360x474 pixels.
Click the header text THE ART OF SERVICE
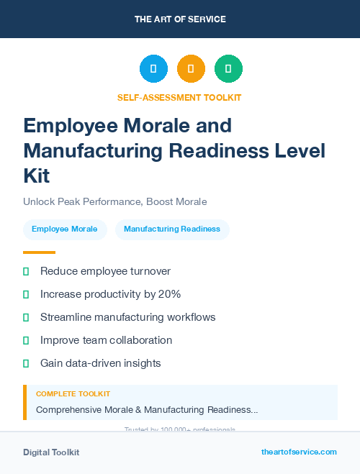pyautogui.click(x=180, y=19)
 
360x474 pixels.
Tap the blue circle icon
pyautogui.click(x=153, y=68)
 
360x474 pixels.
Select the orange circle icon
pyautogui.click(x=191, y=68)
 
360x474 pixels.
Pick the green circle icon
pyautogui.click(x=228, y=68)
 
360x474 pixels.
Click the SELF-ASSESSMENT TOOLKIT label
pyautogui.click(x=180, y=97)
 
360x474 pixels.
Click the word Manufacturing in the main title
pyautogui.click(x=93, y=151)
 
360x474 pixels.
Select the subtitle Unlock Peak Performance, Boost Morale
pyautogui.click(x=115, y=201)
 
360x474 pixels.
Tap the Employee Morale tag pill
pyautogui.click(x=65, y=229)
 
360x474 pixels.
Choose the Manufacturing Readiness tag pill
pyautogui.click(x=172, y=229)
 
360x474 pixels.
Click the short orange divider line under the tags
pyautogui.click(x=39, y=252)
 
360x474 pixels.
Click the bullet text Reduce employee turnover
pyautogui.click(x=105, y=271)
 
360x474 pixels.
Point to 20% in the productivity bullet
pyautogui.click(x=170, y=294)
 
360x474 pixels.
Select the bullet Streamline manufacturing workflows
pyautogui.click(x=127, y=317)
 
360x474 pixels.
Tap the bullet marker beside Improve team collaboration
pyautogui.click(x=26, y=340)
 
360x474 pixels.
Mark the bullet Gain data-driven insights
pyautogui.click(x=100, y=363)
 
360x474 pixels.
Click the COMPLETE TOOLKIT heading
pyautogui.click(x=73, y=394)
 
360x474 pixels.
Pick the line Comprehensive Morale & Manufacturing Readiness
pyautogui.click(x=147, y=410)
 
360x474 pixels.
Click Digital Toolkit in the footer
pyautogui.click(x=51, y=452)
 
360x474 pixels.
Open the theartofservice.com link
pyautogui.click(x=299, y=452)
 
